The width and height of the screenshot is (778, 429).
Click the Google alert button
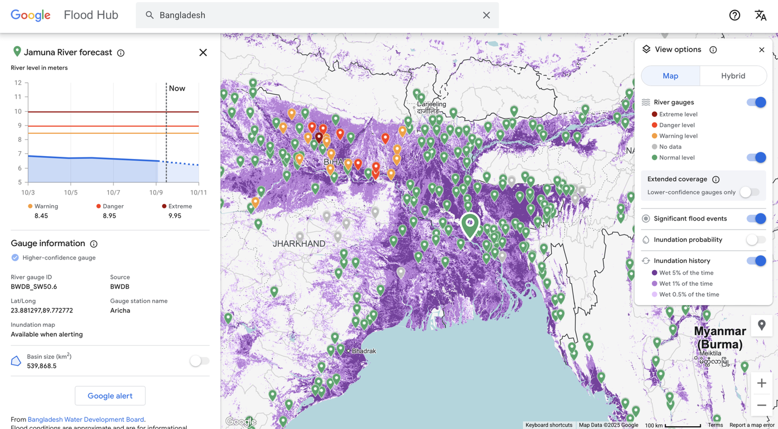tap(110, 396)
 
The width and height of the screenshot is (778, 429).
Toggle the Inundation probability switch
tap(756, 240)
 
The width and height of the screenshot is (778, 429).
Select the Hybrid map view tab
tap(733, 76)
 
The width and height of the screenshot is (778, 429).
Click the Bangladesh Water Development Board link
tap(86, 420)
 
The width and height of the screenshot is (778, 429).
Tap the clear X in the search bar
tap(486, 15)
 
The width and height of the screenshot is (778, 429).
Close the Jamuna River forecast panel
tap(203, 53)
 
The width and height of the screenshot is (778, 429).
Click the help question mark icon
tap(735, 15)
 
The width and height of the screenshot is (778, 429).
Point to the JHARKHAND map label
tap(299, 244)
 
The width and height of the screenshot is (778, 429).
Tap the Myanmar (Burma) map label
tap(720, 337)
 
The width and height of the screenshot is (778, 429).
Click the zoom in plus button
tap(761, 383)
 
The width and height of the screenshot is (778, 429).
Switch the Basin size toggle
tap(199, 361)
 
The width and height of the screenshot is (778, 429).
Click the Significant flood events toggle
tap(756, 219)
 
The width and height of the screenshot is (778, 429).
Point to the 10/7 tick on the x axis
tap(113, 192)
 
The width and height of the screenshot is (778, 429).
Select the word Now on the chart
tap(177, 88)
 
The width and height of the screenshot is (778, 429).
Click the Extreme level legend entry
tap(678, 114)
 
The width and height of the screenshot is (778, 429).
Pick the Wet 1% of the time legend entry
tap(685, 284)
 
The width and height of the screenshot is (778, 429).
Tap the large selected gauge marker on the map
tap(470, 225)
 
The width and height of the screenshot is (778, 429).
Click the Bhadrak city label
tap(363, 351)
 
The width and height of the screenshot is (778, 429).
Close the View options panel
tap(761, 50)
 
